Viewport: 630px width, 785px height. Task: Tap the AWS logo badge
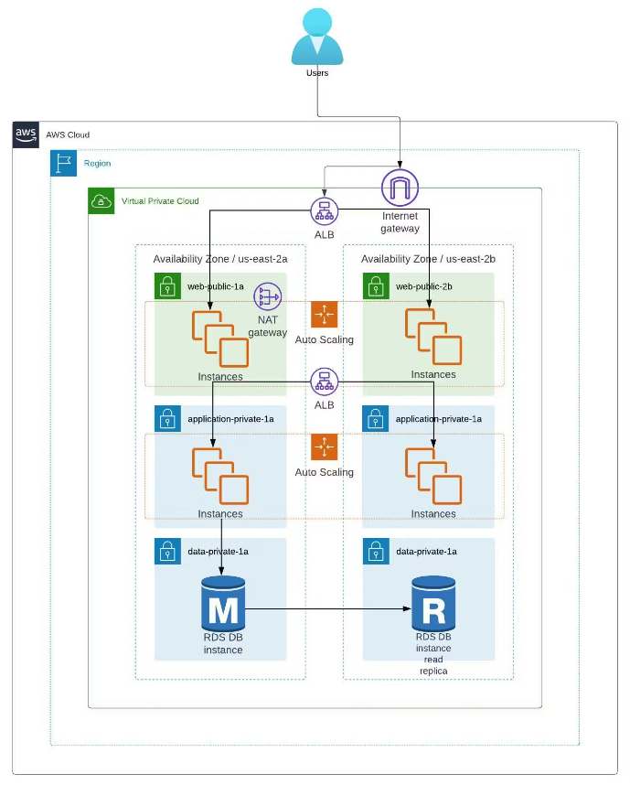point(26,134)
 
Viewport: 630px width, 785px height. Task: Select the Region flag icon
point(63,163)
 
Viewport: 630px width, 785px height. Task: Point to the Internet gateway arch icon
point(400,188)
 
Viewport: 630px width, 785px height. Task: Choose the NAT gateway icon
point(268,296)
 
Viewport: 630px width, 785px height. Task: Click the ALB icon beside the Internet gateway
point(324,210)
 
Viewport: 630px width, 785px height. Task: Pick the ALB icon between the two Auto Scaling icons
point(324,382)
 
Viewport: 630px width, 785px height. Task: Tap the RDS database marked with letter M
point(223,604)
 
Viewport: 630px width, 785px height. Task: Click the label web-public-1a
point(216,286)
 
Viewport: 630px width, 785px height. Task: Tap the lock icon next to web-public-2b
point(376,286)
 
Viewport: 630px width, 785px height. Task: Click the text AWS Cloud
point(68,134)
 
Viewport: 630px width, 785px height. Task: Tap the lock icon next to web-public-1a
point(167,286)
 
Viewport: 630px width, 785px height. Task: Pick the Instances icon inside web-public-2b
point(433,337)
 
